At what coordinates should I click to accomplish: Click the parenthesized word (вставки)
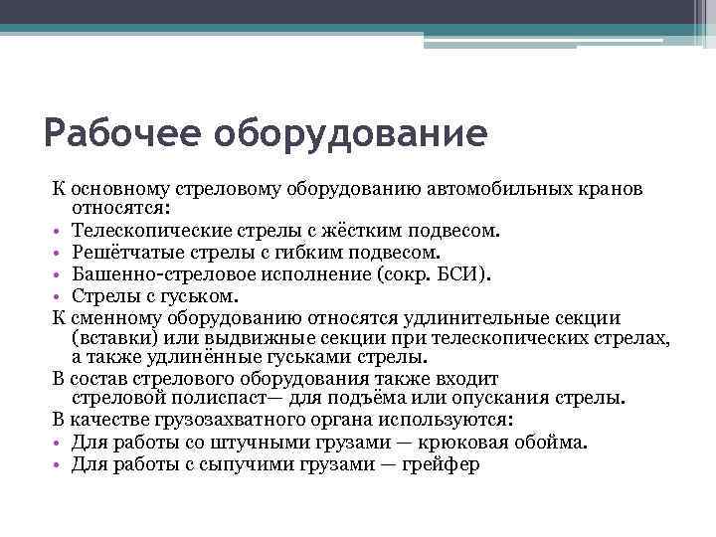coord(110,338)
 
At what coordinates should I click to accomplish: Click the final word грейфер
coord(441,462)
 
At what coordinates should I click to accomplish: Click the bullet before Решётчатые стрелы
coord(59,253)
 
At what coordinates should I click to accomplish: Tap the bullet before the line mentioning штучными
coord(59,442)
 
